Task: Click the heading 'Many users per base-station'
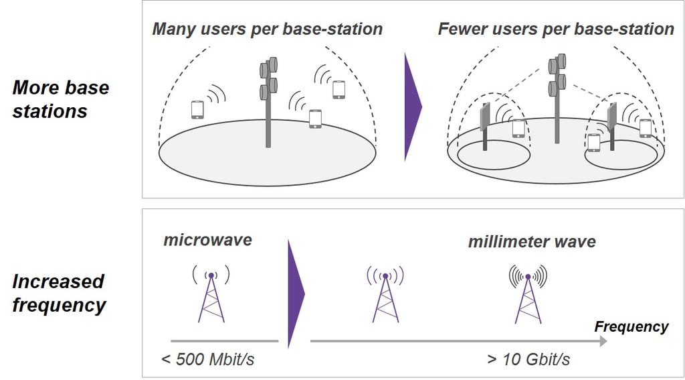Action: [x=268, y=29]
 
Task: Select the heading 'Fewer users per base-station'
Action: [x=556, y=29]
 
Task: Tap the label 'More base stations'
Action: [x=60, y=99]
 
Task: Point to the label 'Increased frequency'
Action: [x=59, y=294]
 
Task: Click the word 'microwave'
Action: [x=207, y=240]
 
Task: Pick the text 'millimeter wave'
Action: [x=532, y=242]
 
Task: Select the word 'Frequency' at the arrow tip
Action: [x=631, y=326]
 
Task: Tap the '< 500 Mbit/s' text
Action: [x=207, y=359]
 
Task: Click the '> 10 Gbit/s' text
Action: [x=528, y=359]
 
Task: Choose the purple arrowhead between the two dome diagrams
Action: [x=412, y=107]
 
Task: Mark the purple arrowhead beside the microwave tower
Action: [x=296, y=294]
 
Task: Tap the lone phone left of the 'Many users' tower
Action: [x=197, y=109]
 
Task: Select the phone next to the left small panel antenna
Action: [x=518, y=128]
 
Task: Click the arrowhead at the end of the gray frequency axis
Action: [x=603, y=341]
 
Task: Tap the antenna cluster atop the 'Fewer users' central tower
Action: [x=557, y=74]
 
